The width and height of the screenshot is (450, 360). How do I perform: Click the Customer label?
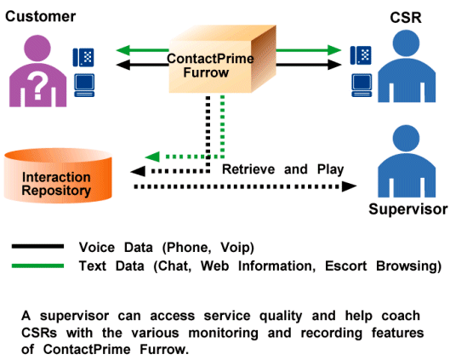coord(41,17)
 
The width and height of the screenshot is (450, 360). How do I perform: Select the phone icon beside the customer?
coord(83,57)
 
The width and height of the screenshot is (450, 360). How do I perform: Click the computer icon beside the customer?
coord(84,85)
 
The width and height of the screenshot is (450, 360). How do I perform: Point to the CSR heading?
coord(406,18)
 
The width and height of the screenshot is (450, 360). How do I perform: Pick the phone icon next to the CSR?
coord(361,55)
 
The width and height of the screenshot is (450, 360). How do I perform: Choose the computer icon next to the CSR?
coord(362,85)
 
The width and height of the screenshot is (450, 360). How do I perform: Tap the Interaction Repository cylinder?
coord(58,175)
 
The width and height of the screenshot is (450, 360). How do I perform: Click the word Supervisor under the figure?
coord(408,209)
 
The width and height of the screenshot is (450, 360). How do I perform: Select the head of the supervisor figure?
coord(406,139)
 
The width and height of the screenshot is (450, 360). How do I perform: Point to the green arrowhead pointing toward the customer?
coord(123,50)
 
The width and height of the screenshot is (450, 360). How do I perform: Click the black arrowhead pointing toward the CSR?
coord(334,65)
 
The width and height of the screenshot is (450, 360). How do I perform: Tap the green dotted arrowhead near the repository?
coord(152,157)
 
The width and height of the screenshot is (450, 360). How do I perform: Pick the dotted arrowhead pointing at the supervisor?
coord(350,186)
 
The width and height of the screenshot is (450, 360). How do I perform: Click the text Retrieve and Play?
coord(283,169)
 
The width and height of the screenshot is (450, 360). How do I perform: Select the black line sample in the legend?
coord(37,246)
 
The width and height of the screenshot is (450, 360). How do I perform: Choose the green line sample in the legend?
coord(37,266)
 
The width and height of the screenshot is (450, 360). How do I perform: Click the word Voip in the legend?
coord(237,248)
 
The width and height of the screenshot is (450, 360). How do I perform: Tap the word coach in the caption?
coord(401,316)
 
